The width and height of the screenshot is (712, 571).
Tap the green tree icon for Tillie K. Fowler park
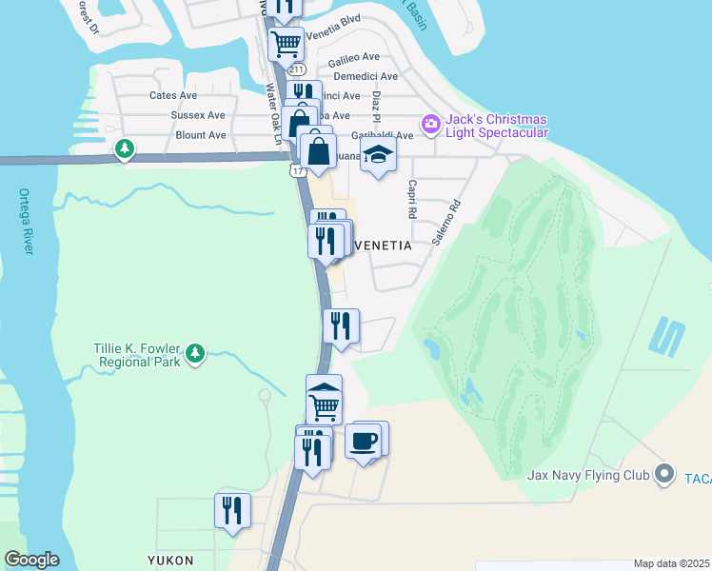pyautogui.click(x=196, y=355)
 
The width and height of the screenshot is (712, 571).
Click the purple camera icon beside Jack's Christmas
pyautogui.click(x=431, y=123)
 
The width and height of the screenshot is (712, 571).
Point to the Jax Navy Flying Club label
pyautogui.click(x=589, y=474)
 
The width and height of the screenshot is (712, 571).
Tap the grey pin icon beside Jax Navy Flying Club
pyautogui.click(x=664, y=474)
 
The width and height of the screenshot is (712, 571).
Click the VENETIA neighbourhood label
pyautogui.click(x=382, y=245)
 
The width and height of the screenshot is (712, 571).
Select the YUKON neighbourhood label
pyautogui.click(x=170, y=560)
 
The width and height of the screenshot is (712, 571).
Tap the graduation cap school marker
pyautogui.click(x=378, y=155)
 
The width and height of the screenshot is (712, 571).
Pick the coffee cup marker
pyautogui.click(x=364, y=441)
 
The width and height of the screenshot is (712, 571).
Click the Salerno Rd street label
pyautogui.click(x=445, y=223)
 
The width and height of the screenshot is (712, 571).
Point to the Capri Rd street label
pyautogui.click(x=413, y=199)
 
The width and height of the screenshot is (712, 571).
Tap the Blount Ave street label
pyautogui.click(x=201, y=135)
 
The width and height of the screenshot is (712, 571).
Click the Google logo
pyautogui.click(x=31, y=560)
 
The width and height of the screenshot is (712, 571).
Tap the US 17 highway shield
pyautogui.click(x=298, y=170)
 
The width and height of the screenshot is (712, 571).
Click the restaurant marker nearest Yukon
pyautogui.click(x=232, y=511)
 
